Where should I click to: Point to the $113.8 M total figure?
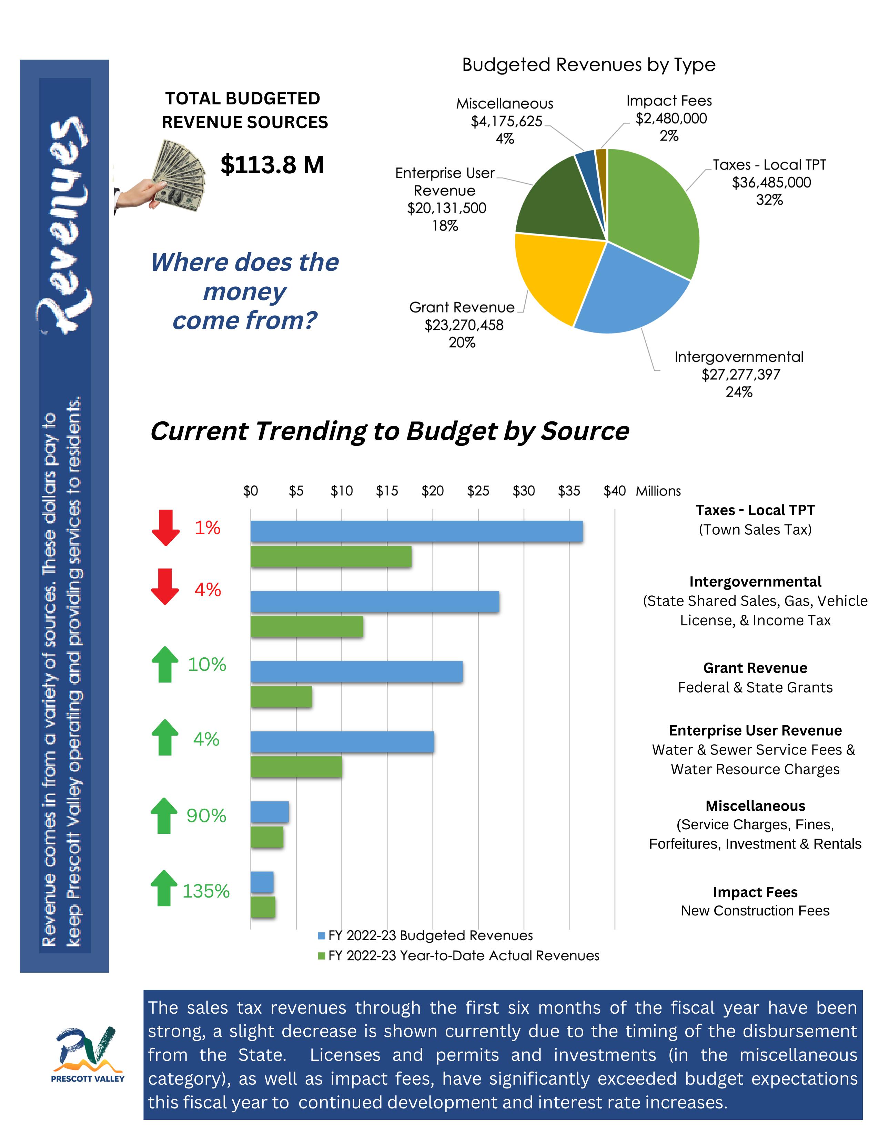click(x=272, y=165)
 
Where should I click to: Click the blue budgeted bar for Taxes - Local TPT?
click(x=417, y=531)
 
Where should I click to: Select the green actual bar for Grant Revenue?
click(x=281, y=697)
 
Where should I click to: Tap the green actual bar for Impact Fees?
click(x=263, y=907)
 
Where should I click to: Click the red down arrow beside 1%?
click(x=165, y=528)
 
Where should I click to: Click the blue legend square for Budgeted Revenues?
click(x=321, y=935)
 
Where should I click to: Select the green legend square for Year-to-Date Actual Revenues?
click(x=321, y=956)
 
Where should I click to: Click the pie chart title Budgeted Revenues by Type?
click(x=588, y=65)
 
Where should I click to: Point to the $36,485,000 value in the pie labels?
click(x=771, y=183)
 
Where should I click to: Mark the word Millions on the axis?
click(x=658, y=491)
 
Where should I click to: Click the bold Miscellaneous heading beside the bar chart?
click(x=755, y=806)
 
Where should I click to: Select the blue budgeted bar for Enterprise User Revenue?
click(x=342, y=741)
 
